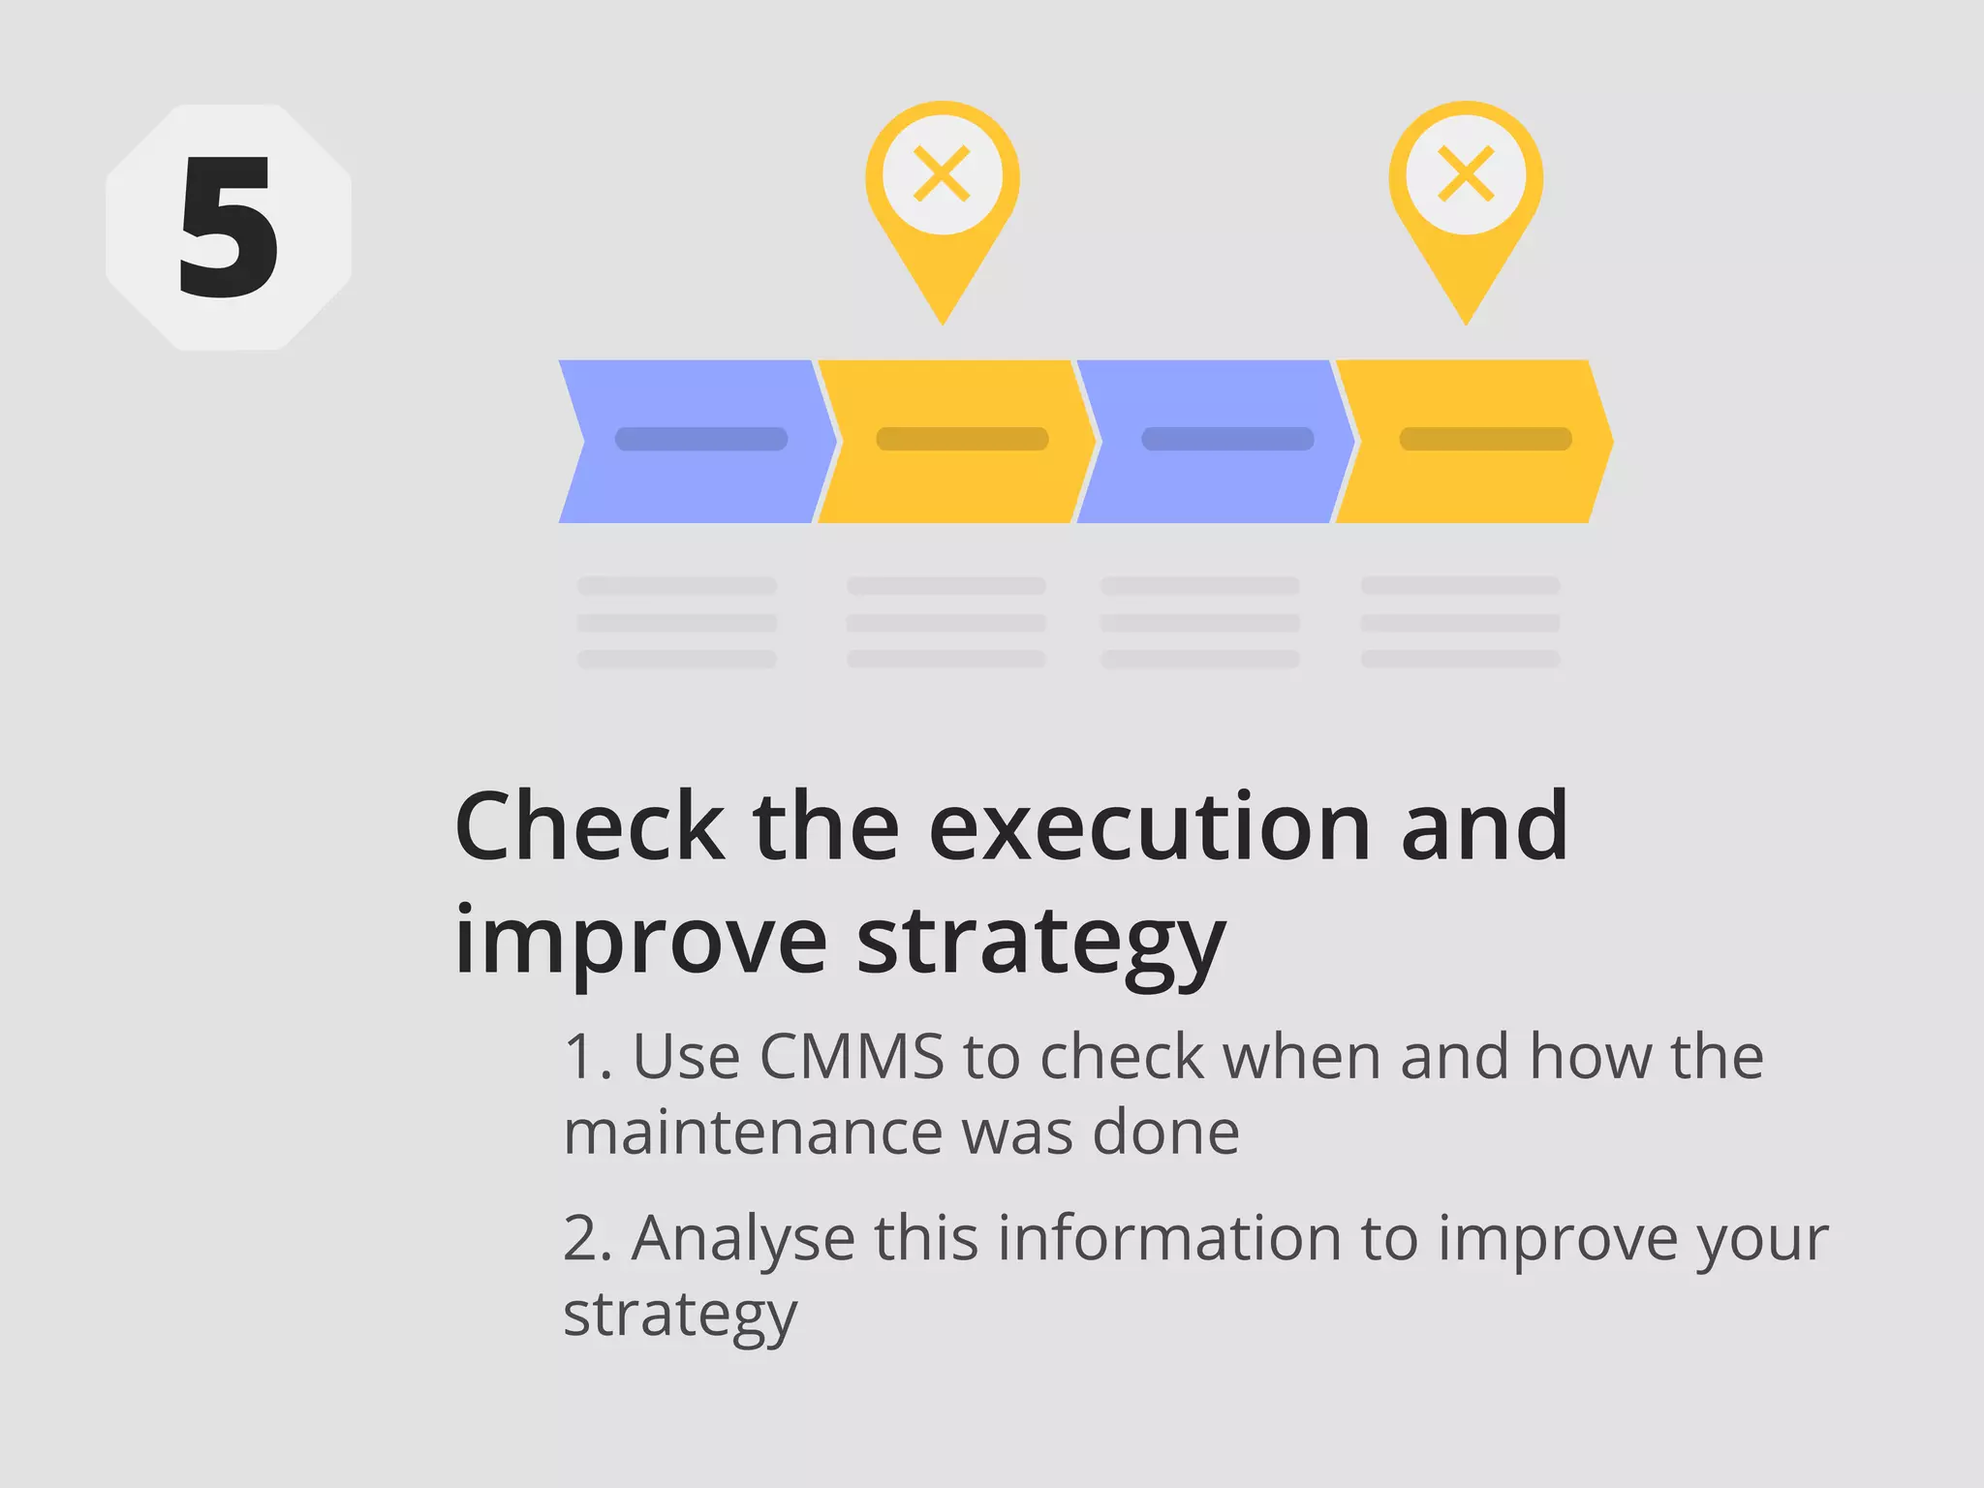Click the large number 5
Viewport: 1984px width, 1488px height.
(229, 229)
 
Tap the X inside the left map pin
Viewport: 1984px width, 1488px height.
(942, 174)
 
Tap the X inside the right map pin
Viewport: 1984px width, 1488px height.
(1466, 174)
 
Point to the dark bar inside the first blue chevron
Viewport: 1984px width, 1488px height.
(701, 439)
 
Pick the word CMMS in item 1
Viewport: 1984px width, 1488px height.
(852, 1056)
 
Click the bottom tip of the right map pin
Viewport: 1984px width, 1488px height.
(1466, 321)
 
